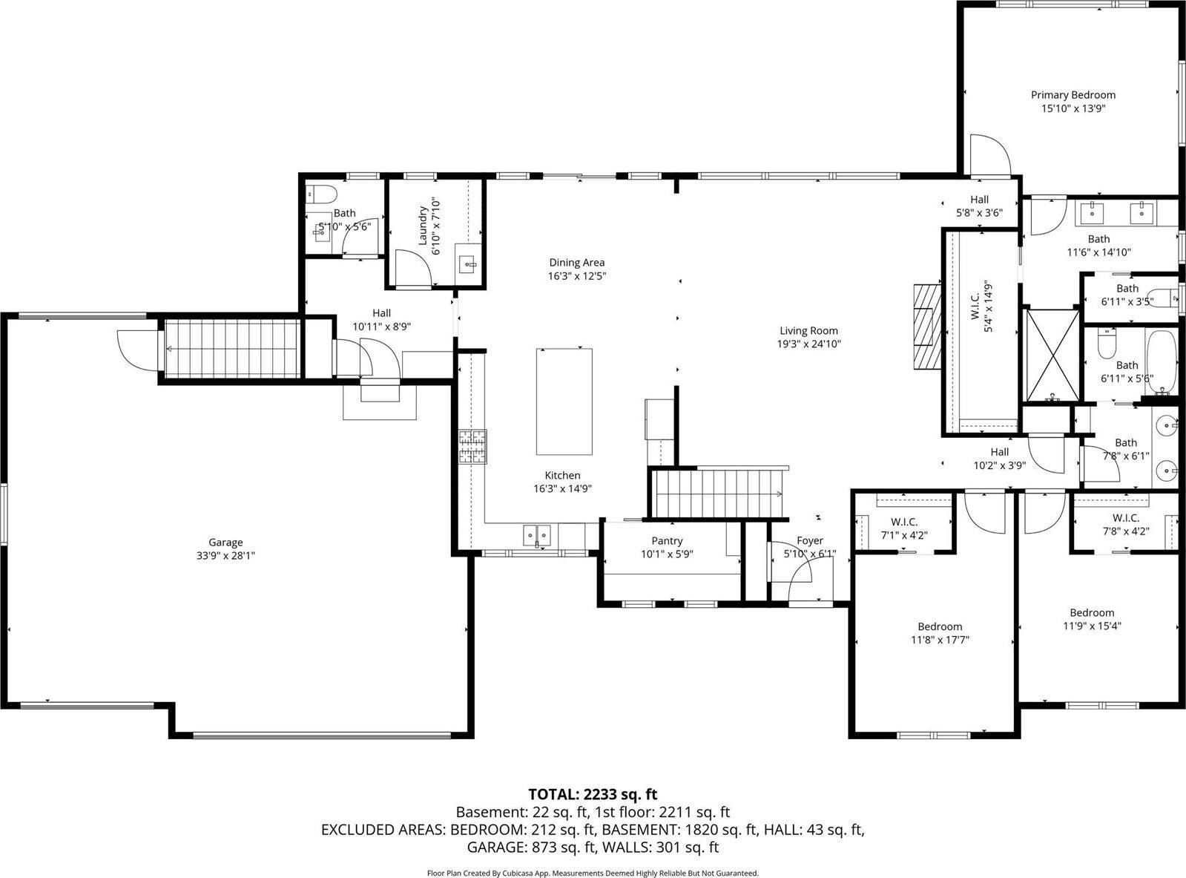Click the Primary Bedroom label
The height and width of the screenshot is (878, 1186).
tap(1073, 95)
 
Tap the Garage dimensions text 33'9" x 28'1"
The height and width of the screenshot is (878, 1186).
tap(225, 556)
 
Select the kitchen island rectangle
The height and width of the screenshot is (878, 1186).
tap(564, 402)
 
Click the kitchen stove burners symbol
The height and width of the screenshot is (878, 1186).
tap(472, 448)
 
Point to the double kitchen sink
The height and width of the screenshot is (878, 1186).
tap(537, 534)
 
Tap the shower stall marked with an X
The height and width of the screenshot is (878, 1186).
tap(1051, 355)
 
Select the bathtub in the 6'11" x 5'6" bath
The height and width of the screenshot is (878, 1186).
tap(1161, 361)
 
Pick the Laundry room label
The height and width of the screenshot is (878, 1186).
tap(424, 225)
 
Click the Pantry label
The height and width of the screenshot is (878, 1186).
tap(667, 541)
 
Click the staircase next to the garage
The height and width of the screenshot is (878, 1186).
tap(231, 348)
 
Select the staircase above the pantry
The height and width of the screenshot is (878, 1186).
tap(716, 493)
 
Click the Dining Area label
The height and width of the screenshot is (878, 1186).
tap(576, 262)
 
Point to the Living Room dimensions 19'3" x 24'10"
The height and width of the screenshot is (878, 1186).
tap(808, 344)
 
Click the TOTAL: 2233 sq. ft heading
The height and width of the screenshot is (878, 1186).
tap(593, 794)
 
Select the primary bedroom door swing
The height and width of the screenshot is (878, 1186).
tap(989, 155)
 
